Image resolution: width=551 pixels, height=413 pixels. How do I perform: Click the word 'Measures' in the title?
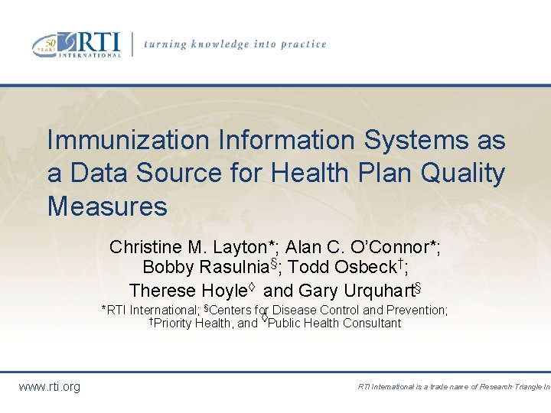pyautogui.click(x=107, y=206)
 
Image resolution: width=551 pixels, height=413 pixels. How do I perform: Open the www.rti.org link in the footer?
pyautogui.click(x=49, y=387)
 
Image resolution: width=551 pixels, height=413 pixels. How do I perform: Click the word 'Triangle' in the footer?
pyautogui.click(x=521, y=387)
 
